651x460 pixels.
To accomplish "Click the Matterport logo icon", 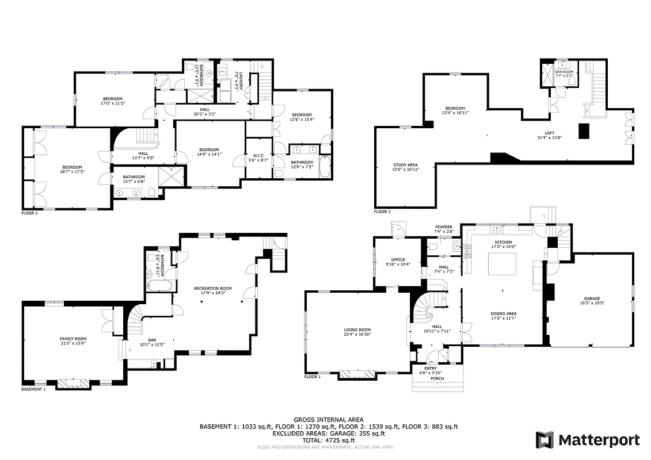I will click(x=545, y=440).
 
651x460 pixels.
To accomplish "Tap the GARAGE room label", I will click(x=592, y=299).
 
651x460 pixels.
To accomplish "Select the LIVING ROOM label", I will click(x=357, y=329).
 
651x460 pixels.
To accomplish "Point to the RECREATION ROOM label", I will click(x=213, y=288).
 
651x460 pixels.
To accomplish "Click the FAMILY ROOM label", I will click(x=73, y=339).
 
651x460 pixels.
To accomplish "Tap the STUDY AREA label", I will click(x=406, y=164).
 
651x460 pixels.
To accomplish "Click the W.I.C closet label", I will click(x=257, y=155).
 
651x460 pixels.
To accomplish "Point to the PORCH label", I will click(x=437, y=378).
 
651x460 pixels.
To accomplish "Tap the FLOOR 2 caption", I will click(x=29, y=213).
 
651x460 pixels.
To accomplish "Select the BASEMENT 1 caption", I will click(x=33, y=389).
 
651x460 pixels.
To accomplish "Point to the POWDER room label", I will click(x=443, y=227).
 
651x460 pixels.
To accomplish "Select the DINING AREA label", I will click(x=504, y=313).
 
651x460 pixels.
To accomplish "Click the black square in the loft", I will click(x=584, y=132).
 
